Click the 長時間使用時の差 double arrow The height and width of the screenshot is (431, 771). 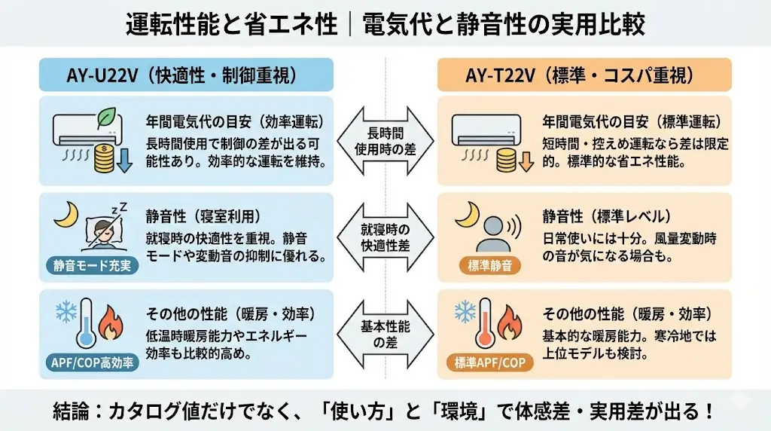[385, 141]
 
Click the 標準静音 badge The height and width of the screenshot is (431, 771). [490, 265]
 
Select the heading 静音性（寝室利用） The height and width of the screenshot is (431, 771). [207, 216]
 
